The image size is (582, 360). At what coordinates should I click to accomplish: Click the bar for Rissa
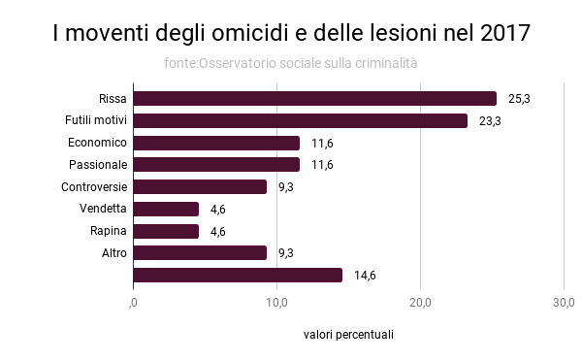(314, 98)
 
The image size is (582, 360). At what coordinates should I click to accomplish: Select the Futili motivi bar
(300, 120)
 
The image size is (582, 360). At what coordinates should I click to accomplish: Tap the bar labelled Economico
(216, 143)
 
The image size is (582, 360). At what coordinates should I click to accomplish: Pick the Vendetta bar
(166, 209)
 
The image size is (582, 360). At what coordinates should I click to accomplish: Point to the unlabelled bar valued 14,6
(238, 275)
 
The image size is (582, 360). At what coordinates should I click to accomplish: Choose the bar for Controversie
(200, 186)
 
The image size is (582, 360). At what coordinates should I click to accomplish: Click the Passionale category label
(98, 165)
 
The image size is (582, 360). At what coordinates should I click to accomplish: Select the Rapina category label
(109, 231)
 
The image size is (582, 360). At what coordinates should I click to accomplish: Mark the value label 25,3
(519, 99)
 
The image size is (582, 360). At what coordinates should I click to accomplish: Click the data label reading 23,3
(490, 121)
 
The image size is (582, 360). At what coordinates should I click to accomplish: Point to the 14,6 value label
(365, 276)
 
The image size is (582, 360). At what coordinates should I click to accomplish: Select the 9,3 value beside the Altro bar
(286, 253)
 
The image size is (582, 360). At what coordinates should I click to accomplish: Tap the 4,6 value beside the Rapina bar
(219, 231)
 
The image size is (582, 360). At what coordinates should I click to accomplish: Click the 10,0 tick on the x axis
(276, 303)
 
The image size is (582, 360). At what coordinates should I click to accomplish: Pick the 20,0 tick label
(420, 303)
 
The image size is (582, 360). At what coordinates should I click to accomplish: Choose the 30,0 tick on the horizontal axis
(564, 303)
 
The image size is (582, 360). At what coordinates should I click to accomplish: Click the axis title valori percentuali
(348, 335)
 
